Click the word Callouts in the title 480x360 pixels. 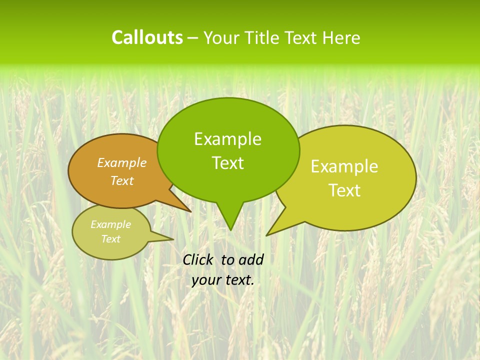(147, 37)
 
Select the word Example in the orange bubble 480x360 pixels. (122, 162)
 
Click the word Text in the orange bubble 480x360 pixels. (122, 180)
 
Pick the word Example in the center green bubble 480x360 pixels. (227, 139)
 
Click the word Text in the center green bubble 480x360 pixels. (227, 163)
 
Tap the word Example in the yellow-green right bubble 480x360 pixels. (344, 166)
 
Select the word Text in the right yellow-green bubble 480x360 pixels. (344, 190)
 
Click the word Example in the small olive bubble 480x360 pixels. (110, 224)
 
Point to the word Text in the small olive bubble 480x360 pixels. (110, 239)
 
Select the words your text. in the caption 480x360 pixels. (222, 280)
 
